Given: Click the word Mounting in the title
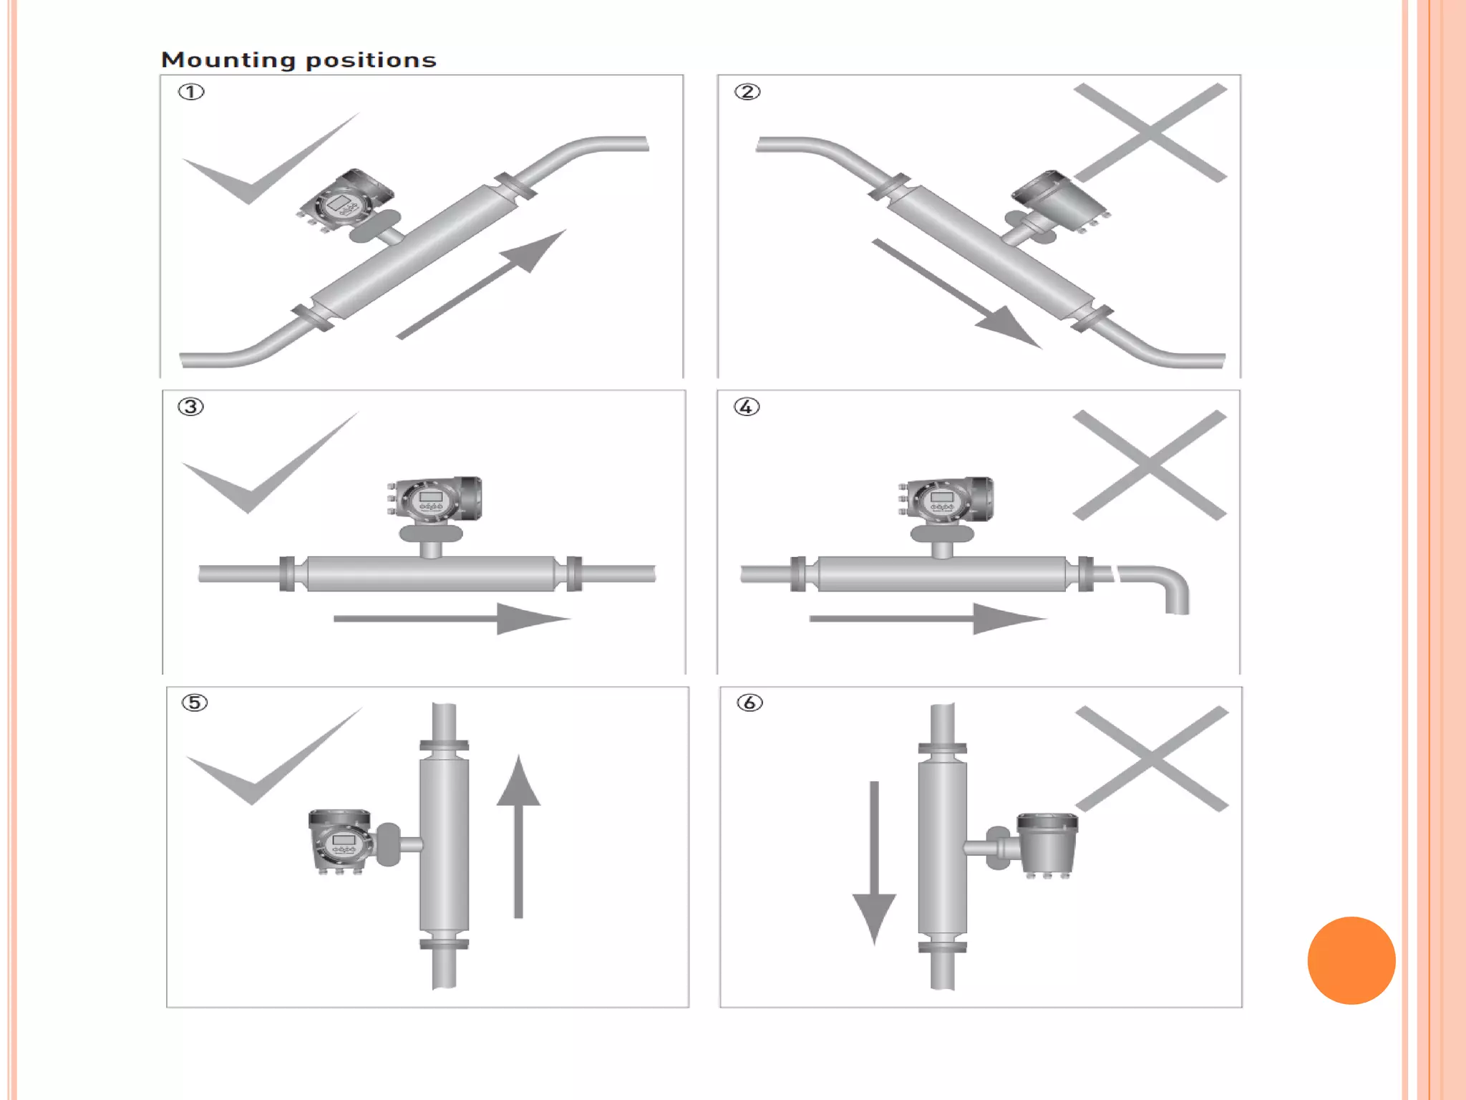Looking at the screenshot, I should (x=228, y=60).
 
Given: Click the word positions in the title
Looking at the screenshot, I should (x=371, y=60).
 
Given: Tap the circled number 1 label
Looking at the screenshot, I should (x=191, y=92).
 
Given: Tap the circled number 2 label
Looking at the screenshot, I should (x=747, y=92).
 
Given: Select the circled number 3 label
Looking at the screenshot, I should (x=190, y=407).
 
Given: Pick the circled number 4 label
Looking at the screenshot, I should (x=747, y=407).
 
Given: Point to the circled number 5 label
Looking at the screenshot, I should (x=195, y=703).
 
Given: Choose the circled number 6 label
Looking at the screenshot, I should (x=749, y=703).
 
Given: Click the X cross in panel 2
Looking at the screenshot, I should (x=1150, y=132).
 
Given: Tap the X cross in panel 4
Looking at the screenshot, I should (x=1150, y=465).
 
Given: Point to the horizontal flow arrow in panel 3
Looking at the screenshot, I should (x=451, y=618).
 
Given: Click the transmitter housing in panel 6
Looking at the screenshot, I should (x=1047, y=845).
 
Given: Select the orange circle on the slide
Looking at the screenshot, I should (x=1351, y=960).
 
